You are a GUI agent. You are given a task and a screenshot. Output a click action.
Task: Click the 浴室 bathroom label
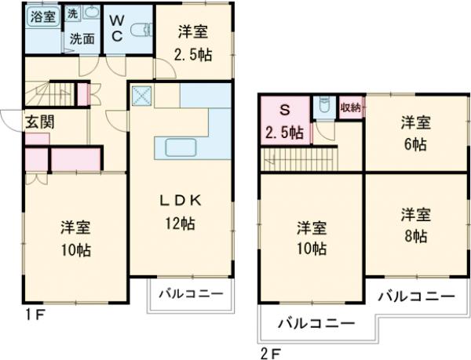pyautogui.click(x=43, y=16)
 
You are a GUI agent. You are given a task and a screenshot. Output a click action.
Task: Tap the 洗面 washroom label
pyautogui.click(x=81, y=37)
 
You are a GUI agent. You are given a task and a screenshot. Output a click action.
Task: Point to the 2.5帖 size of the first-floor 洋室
pyautogui.click(x=192, y=55)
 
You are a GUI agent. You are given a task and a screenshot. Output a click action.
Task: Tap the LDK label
pyautogui.click(x=181, y=200)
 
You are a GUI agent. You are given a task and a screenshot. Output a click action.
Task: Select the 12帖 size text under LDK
pyautogui.click(x=181, y=224)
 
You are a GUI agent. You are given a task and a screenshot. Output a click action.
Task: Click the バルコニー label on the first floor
pyautogui.click(x=189, y=294)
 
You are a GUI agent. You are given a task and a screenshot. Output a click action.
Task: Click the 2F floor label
pyautogui.click(x=269, y=351)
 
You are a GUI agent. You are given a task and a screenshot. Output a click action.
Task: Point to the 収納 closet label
pyautogui.click(x=350, y=108)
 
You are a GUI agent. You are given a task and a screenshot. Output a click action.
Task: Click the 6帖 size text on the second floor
pyautogui.click(x=416, y=145)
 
